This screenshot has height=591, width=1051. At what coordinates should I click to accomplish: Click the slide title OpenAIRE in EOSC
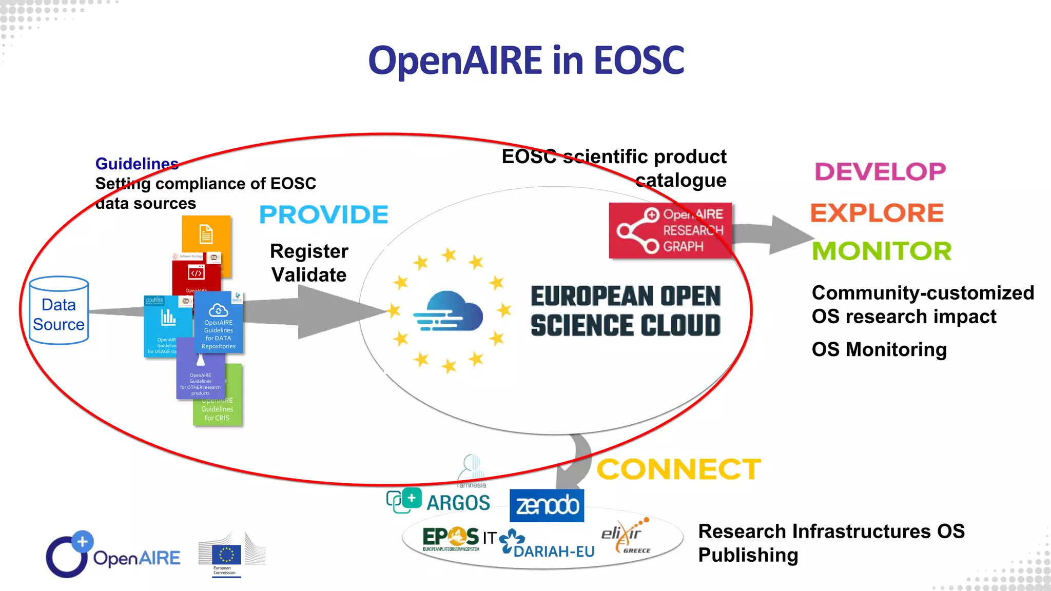click(526, 61)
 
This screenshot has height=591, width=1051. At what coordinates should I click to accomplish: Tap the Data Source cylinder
click(59, 311)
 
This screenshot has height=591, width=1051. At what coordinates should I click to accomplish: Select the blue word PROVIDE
click(324, 215)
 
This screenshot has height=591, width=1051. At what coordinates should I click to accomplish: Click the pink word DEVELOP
click(880, 172)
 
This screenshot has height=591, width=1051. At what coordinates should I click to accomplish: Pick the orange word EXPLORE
click(877, 213)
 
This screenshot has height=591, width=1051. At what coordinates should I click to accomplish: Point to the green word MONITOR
click(882, 251)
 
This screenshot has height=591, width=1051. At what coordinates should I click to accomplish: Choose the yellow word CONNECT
click(678, 469)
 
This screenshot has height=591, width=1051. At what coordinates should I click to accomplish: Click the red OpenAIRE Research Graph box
click(670, 231)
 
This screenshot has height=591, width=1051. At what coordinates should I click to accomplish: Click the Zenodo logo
click(547, 506)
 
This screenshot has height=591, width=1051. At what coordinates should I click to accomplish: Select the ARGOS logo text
click(458, 503)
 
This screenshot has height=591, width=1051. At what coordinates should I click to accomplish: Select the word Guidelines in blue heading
click(137, 164)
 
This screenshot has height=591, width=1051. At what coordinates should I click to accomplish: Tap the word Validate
click(309, 275)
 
